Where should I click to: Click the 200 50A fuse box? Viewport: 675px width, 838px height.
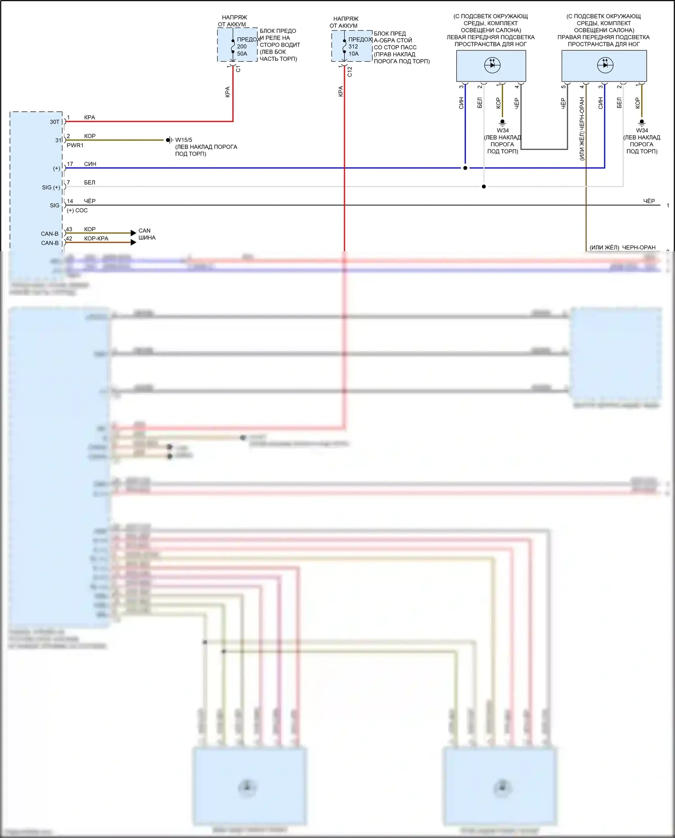point(238,45)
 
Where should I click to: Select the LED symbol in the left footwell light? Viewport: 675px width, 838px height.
point(492,65)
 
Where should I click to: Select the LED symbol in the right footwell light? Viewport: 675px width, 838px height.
point(605,65)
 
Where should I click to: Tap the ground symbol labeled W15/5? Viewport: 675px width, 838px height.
point(169,140)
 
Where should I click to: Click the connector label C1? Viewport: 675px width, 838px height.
point(238,69)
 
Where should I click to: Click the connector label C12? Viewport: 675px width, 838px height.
point(350,71)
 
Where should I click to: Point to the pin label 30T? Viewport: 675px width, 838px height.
point(54,122)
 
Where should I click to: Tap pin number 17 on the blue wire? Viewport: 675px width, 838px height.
point(70,164)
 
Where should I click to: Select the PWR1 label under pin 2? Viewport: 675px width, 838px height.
point(75,145)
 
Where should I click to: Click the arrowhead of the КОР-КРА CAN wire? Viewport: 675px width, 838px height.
point(133,243)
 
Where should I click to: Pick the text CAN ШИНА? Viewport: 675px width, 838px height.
point(147,234)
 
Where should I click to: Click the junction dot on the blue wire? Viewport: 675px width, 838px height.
point(465,168)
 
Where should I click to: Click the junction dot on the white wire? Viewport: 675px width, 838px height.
point(484,186)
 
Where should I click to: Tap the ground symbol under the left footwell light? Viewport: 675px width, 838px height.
point(503,122)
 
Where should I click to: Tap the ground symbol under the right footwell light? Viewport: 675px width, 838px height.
point(642,122)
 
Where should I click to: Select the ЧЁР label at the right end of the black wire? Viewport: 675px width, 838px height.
point(649,201)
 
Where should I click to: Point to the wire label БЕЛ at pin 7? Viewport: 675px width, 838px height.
point(90,182)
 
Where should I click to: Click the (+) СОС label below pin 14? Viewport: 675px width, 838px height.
point(77,210)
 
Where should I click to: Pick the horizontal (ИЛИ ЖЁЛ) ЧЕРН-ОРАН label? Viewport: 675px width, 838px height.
point(622,248)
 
